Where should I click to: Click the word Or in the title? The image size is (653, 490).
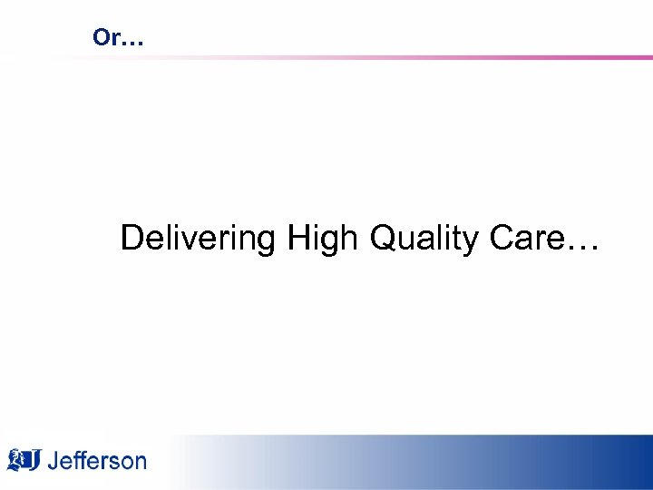105,38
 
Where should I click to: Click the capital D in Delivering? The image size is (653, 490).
132,239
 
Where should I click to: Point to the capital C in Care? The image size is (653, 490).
502,239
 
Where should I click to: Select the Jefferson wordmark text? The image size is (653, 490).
96,460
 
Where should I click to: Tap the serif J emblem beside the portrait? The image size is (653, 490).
34,460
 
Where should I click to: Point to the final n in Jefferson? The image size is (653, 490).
139,463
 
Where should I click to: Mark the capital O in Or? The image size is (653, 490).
100,38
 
